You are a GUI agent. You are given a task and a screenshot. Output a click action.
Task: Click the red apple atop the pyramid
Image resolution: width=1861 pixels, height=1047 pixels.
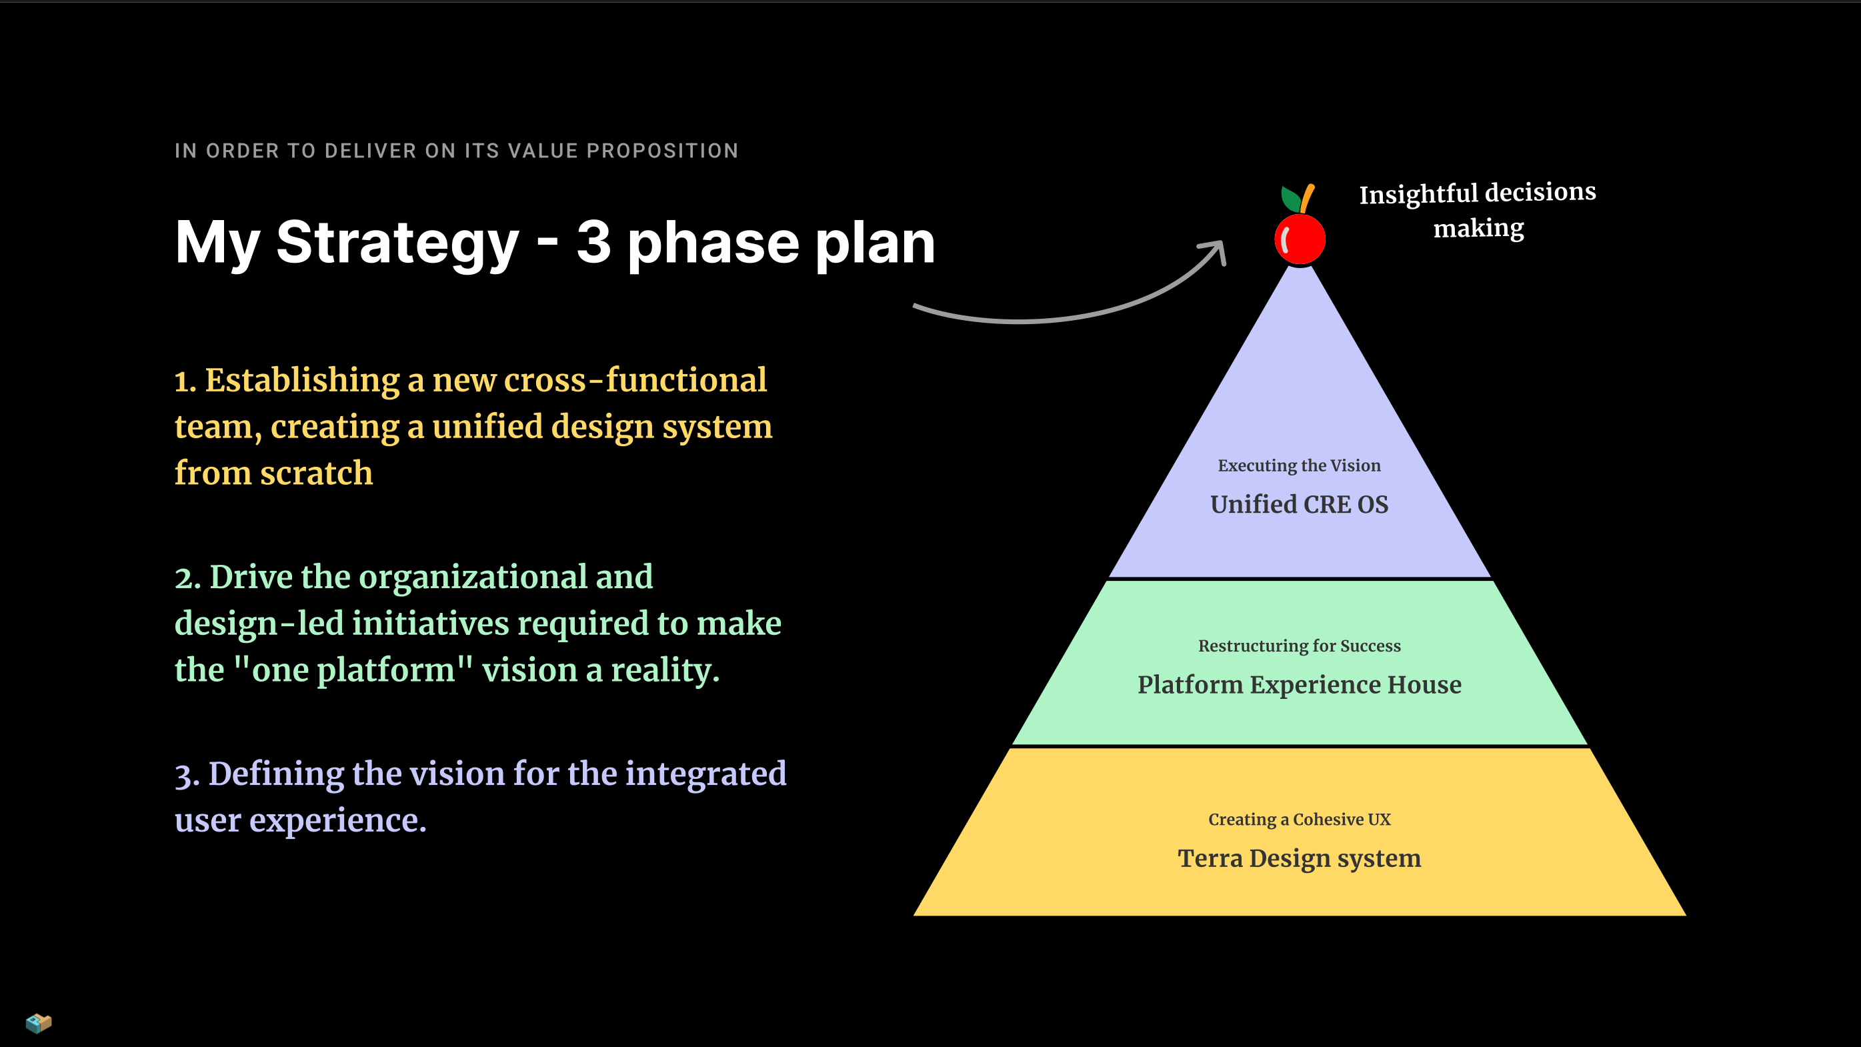pos(1300,239)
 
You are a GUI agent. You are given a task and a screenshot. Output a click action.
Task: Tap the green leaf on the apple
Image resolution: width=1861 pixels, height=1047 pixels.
pos(1290,199)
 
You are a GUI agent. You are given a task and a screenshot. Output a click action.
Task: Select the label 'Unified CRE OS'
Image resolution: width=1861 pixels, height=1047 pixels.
pos(1299,504)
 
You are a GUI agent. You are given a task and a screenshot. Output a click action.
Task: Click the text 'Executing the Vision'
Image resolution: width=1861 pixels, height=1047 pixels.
pos(1299,465)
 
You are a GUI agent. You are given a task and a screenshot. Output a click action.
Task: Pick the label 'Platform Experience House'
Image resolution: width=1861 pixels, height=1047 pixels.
pos(1299,684)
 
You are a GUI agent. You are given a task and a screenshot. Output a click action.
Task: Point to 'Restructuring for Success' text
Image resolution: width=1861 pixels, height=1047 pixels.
pos(1299,646)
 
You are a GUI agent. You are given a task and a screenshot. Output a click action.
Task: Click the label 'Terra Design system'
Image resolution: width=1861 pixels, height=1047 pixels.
pos(1299,858)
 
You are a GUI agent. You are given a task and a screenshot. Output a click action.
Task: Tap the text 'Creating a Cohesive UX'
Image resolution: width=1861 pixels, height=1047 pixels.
pos(1299,820)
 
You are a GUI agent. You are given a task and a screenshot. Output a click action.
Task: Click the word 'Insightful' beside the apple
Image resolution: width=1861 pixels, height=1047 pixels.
pos(1418,194)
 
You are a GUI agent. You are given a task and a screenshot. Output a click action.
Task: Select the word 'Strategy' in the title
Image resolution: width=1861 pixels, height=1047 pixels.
pos(397,243)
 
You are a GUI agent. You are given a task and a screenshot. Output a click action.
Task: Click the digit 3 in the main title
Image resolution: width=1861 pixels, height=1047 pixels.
pos(593,242)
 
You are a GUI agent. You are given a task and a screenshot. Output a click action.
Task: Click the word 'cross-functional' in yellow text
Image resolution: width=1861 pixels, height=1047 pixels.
pos(635,380)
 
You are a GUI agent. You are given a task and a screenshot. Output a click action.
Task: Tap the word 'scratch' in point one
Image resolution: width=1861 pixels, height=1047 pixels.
pos(317,473)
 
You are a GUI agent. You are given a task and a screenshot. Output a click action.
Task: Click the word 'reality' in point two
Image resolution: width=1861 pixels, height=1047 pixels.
pos(665,670)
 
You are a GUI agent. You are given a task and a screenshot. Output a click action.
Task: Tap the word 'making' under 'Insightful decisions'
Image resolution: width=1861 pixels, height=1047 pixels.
pos(1478,228)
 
